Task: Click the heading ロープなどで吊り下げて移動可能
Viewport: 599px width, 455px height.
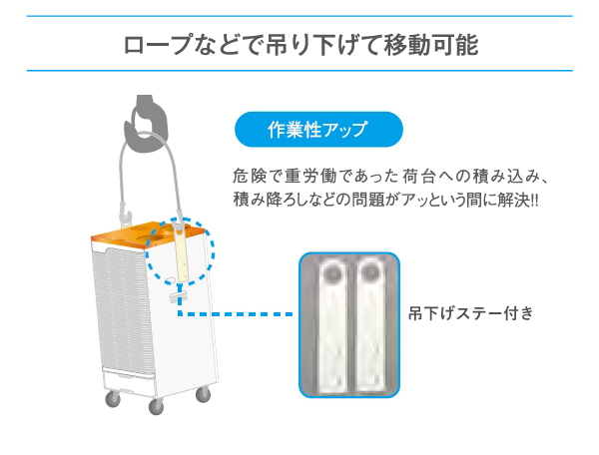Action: [x=300, y=45]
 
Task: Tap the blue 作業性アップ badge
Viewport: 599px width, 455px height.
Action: [x=318, y=130]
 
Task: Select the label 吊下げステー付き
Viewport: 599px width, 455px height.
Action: [x=470, y=313]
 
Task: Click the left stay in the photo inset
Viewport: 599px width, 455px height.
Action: [x=333, y=324]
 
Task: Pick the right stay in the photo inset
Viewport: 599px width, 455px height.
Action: [x=370, y=324]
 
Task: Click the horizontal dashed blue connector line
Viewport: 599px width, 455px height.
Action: [x=236, y=314]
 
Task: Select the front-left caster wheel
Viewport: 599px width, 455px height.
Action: [x=156, y=407]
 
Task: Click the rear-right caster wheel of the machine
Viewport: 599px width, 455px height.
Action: [x=203, y=395]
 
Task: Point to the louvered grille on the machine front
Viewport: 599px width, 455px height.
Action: [x=122, y=310]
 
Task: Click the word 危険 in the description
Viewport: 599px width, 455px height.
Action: [x=248, y=177]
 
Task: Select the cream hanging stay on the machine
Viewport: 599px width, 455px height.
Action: [x=181, y=253]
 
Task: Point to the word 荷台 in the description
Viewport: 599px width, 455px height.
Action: [x=418, y=177]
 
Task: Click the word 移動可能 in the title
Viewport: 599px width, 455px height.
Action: [x=431, y=45]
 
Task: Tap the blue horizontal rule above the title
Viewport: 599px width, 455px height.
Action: [x=299, y=16]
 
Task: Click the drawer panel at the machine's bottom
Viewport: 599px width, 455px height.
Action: [x=129, y=382]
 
